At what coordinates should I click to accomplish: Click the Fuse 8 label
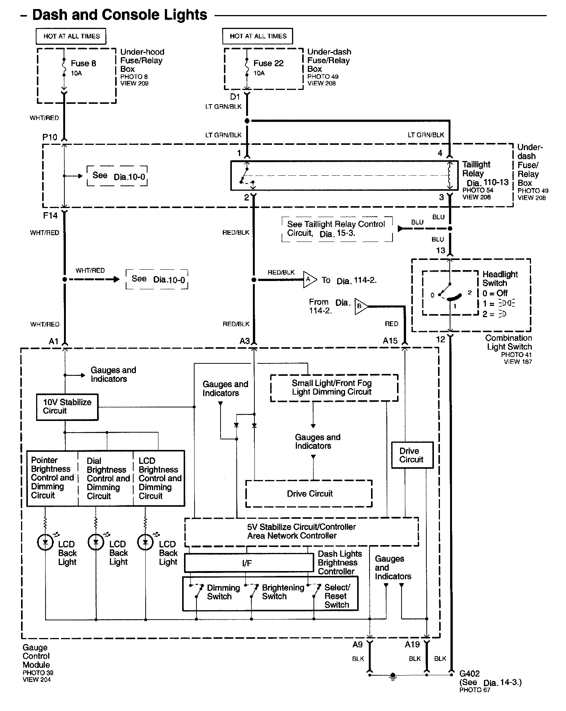[83, 64]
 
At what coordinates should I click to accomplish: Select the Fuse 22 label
[268, 63]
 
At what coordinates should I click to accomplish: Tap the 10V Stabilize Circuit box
[67, 407]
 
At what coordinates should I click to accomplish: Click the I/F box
[249, 563]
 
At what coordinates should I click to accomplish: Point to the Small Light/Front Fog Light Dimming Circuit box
[334, 387]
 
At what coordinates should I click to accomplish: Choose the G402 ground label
[470, 673]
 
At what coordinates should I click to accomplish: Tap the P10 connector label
[50, 137]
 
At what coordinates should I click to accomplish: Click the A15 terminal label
[390, 341]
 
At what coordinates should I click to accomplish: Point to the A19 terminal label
[412, 644]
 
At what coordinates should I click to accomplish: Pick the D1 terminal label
[235, 97]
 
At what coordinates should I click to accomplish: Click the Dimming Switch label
[223, 592]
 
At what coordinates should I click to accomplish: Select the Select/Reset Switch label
[337, 596]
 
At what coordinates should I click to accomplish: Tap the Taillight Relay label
[476, 169]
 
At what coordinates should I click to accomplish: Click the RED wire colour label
[391, 324]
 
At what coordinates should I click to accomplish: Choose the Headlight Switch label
[500, 279]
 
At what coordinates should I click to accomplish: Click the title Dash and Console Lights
[120, 15]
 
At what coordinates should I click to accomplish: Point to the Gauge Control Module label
[36, 656]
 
